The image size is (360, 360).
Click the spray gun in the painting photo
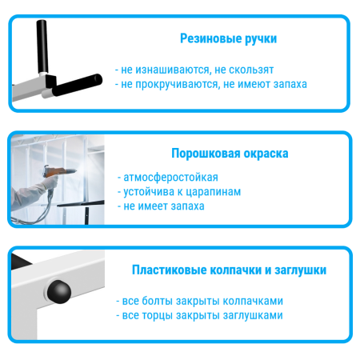(55, 170)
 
